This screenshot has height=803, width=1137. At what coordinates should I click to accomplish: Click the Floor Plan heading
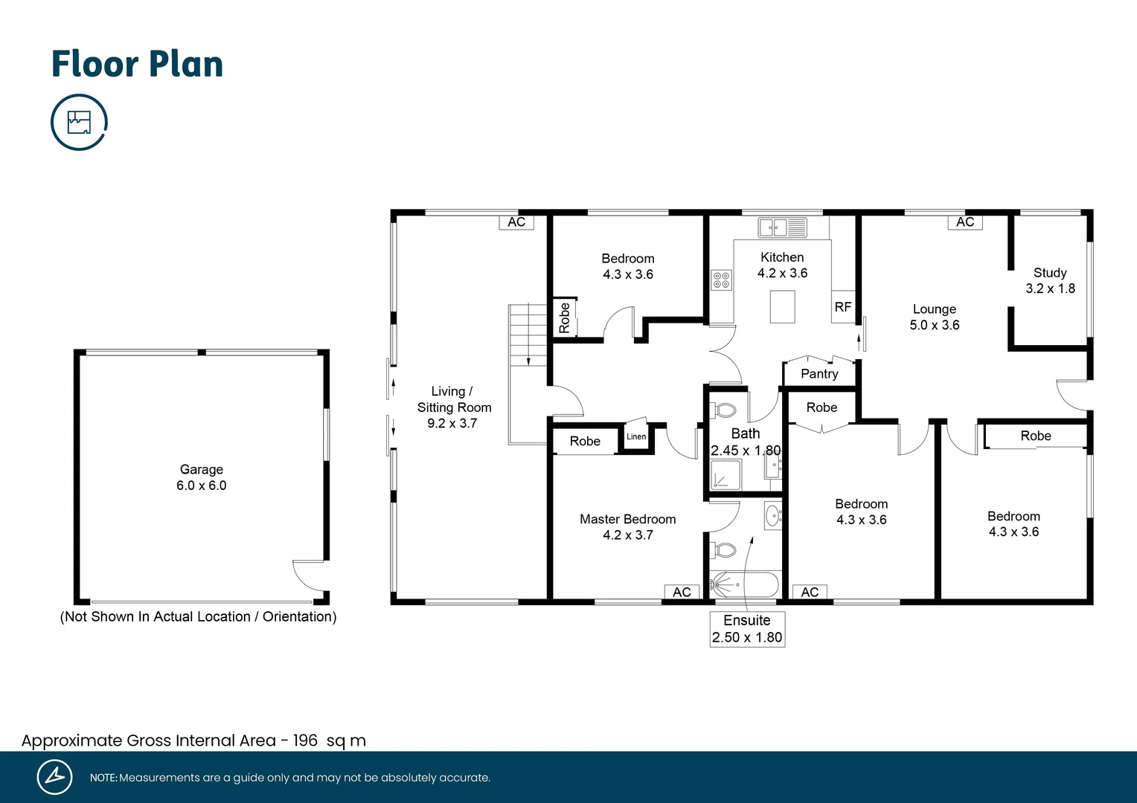click(x=137, y=64)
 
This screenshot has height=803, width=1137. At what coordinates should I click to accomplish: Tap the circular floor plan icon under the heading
click(x=79, y=122)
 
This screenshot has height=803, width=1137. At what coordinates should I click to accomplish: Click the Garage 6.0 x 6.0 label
click(x=201, y=477)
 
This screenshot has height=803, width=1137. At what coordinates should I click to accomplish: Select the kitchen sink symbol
click(x=782, y=227)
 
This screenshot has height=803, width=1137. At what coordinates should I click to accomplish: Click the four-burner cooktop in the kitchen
click(x=721, y=280)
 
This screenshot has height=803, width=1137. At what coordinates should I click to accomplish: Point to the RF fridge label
click(x=842, y=307)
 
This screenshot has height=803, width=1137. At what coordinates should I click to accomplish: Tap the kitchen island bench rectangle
click(x=782, y=306)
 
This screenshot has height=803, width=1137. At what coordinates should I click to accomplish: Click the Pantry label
click(x=819, y=374)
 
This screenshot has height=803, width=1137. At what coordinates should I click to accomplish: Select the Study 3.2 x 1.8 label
click(x=1050, y=280)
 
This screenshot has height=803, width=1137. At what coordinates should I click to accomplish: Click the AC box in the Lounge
click(x=965, y=222)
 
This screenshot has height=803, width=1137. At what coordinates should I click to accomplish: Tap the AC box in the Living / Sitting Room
click(x=516, y=222)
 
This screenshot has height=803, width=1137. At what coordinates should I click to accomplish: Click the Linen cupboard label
click(x=636, y=436)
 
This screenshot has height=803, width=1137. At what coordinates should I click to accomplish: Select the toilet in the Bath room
click(x=725, y=410)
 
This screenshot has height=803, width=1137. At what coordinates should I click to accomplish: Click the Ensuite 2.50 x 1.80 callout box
click(x=747, y=629)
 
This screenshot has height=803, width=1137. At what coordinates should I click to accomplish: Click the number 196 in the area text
click(x=305, y=741)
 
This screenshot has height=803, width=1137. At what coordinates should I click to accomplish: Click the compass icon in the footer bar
click(x=54, y=777)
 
